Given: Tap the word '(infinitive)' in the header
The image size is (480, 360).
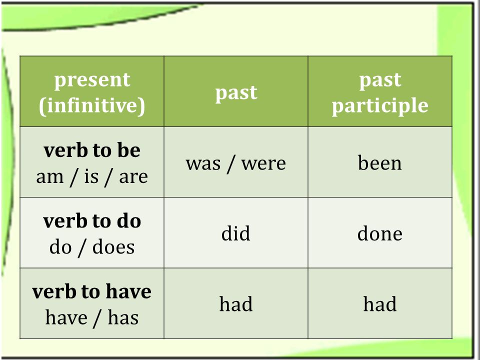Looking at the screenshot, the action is pyautogui.click(x=92, y=106).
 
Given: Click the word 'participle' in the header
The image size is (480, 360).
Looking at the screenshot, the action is pyautogui.click(x=380, y=106).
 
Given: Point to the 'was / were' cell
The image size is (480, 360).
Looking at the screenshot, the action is pyautogui.click(x=235, y=163).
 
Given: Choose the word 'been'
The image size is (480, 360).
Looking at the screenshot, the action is pyautogui.click(x=379, y=162).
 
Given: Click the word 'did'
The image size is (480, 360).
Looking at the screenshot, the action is pyautogui.click(x=235, y=233).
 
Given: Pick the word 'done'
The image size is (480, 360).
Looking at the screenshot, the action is pyautogui.click(x=379, y=233).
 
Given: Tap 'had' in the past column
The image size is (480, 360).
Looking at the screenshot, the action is pyautogui.click(x=236, y=304).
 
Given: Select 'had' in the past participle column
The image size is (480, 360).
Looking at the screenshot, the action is pyautogui.click(x=380, y=304).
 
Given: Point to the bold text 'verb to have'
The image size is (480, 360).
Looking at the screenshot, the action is pyautogui.click(x=91, y=291).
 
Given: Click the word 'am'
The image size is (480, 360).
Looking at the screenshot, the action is pyautogui.click(x=49, y=177).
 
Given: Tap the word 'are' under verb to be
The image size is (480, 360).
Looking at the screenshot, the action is pyautogui.click(x=133, y=177).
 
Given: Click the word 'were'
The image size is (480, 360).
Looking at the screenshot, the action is pyautogui.click(x=263, y=163).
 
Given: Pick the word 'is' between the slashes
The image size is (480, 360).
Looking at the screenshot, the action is pyautogui.click(x=91, y=176).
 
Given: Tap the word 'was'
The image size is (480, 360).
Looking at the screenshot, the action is pyautogui.click(x=203, y=163).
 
